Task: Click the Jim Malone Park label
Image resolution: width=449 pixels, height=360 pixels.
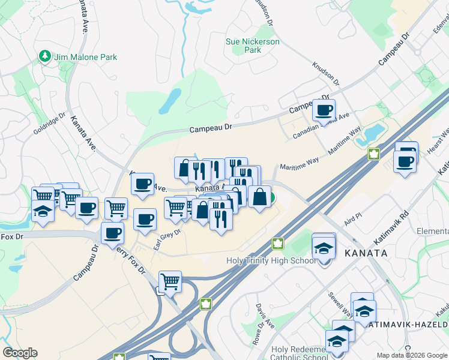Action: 85,57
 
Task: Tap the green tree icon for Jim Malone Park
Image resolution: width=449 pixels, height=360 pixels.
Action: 44,56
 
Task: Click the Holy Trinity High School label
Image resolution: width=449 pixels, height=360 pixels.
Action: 271,260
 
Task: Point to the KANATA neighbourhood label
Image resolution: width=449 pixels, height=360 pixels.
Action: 366,253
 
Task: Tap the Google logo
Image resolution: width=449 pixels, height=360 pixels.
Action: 20,353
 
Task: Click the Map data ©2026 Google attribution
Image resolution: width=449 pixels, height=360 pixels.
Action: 411,355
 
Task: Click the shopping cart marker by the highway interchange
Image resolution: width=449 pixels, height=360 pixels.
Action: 170,280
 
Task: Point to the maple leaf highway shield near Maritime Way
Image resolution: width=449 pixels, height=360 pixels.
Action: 373,154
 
